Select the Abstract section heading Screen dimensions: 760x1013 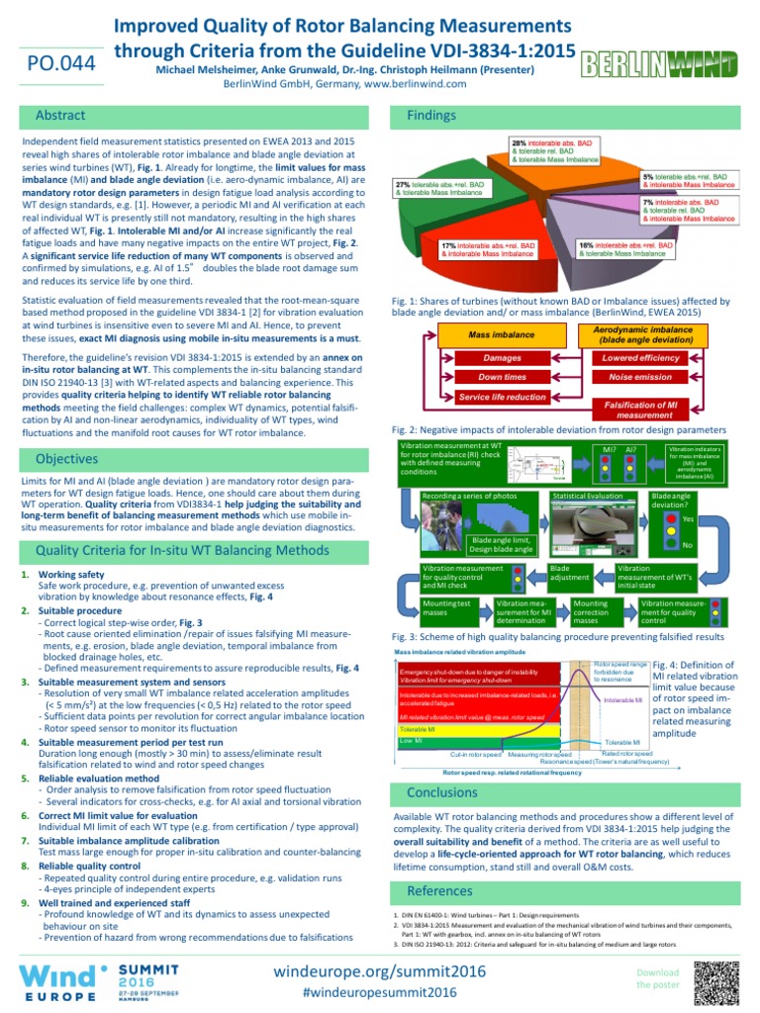pos(60,116)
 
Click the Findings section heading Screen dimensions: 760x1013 pos(431,116)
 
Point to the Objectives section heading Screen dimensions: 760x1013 pos(67,459)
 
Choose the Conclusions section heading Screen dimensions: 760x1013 pos(442,792)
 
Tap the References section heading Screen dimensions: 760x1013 pos(439,891)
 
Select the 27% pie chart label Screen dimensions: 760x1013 pos(440,188)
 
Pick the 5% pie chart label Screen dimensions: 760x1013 pos(689,180)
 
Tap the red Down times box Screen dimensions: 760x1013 pos(502,377)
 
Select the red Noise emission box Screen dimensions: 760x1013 pos(640,377)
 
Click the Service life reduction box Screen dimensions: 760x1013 pos(502,397)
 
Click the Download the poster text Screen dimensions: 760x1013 pos(658,978)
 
